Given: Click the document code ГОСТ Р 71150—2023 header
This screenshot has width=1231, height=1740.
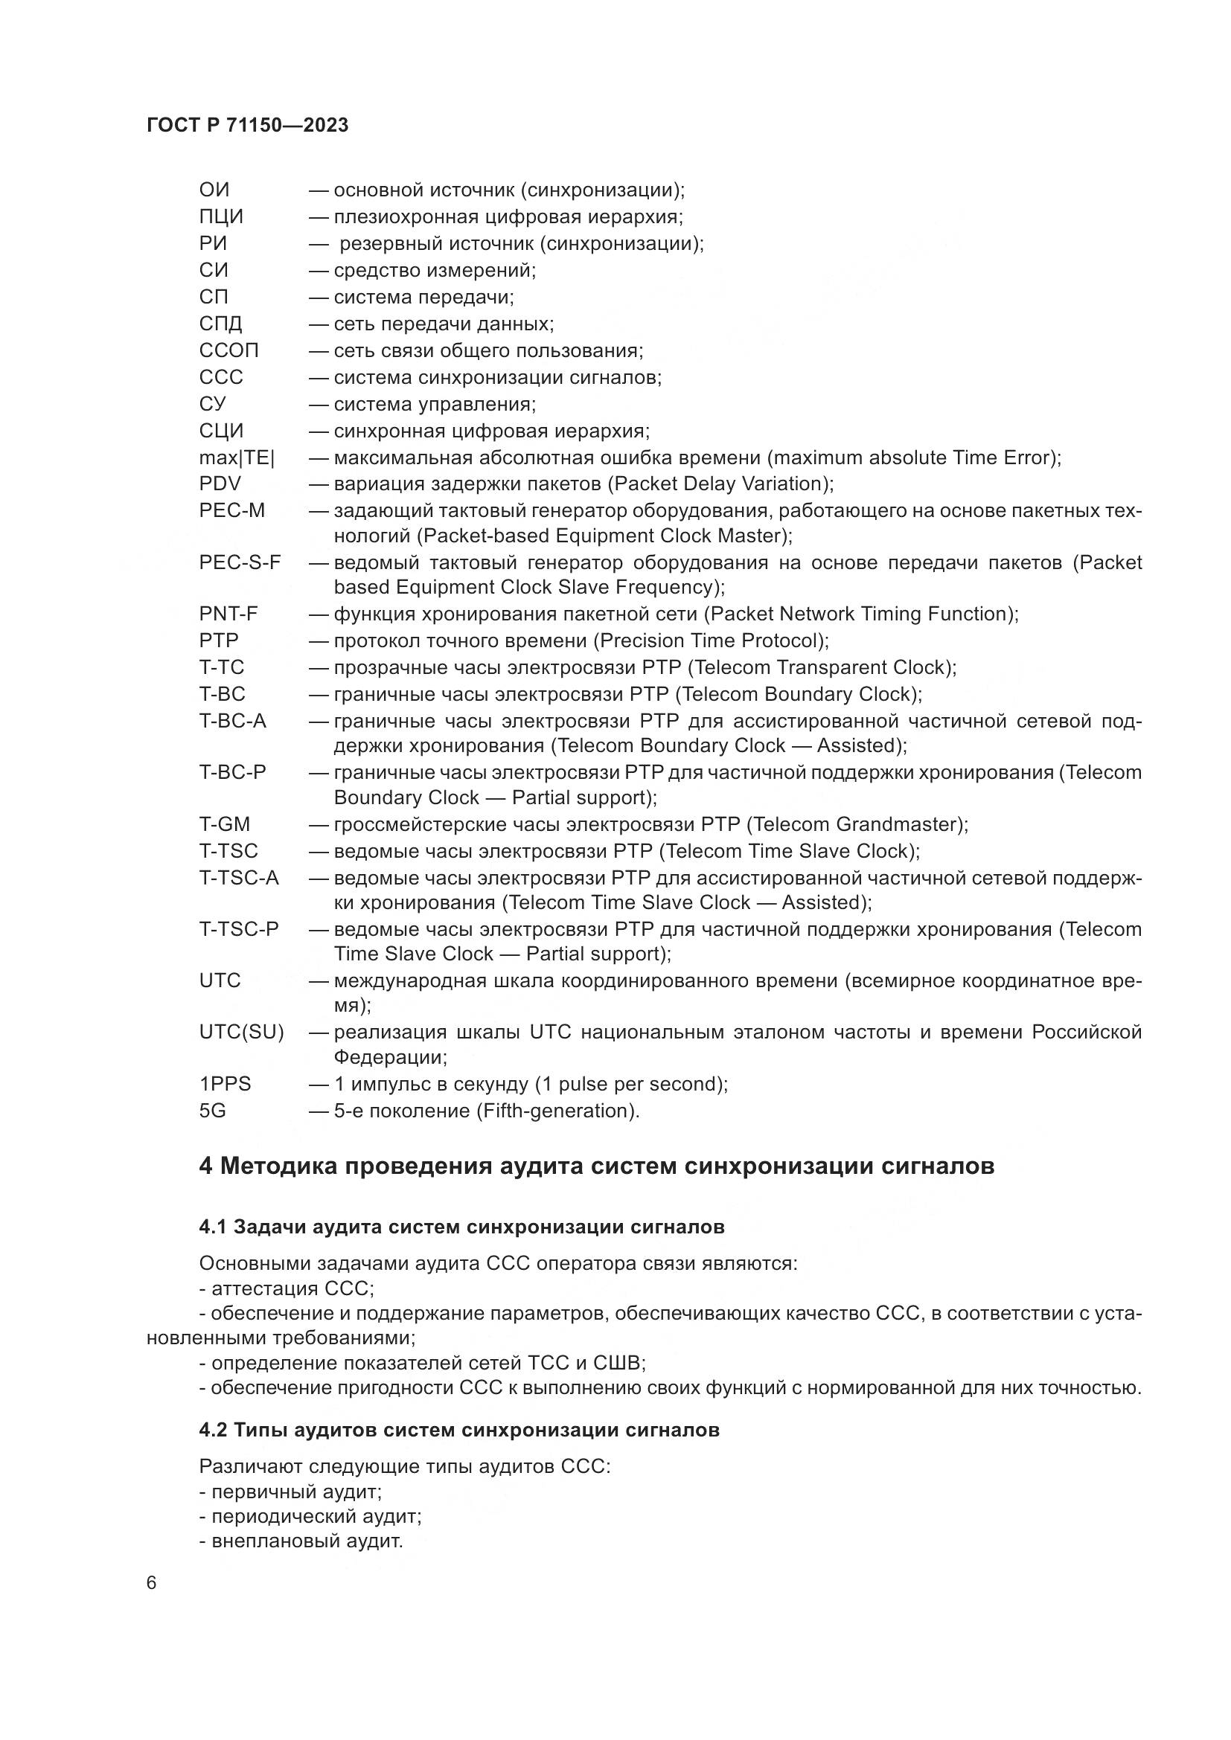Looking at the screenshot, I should (247, 125).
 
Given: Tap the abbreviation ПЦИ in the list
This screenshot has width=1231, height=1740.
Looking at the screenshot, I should (220, 216).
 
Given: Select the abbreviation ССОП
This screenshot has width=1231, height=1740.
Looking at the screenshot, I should (228, 350).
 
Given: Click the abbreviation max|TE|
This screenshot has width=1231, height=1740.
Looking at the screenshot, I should (237, 458).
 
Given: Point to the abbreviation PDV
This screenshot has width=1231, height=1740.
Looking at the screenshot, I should (220, 484).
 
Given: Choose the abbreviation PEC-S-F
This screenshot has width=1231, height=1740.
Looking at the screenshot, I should (240, 562).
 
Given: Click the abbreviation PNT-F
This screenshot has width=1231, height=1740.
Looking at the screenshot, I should (228, 614).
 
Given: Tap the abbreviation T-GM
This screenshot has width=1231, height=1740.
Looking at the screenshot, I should (224, 824).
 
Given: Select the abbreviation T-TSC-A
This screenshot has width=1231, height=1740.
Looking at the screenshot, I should (239, 878).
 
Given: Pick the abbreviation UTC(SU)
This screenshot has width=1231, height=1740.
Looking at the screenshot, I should (241, 1033).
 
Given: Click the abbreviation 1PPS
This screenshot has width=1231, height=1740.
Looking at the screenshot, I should (224, 1084).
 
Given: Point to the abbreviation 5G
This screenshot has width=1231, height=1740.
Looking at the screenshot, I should (212, 1111).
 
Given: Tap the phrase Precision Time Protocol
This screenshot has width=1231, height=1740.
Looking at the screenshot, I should (710, 641).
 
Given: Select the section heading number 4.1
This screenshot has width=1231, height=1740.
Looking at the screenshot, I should (212, 1227).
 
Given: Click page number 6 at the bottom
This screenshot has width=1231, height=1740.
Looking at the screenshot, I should (151, 1583).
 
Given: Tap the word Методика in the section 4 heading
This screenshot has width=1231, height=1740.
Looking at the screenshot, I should (279, 1166).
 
